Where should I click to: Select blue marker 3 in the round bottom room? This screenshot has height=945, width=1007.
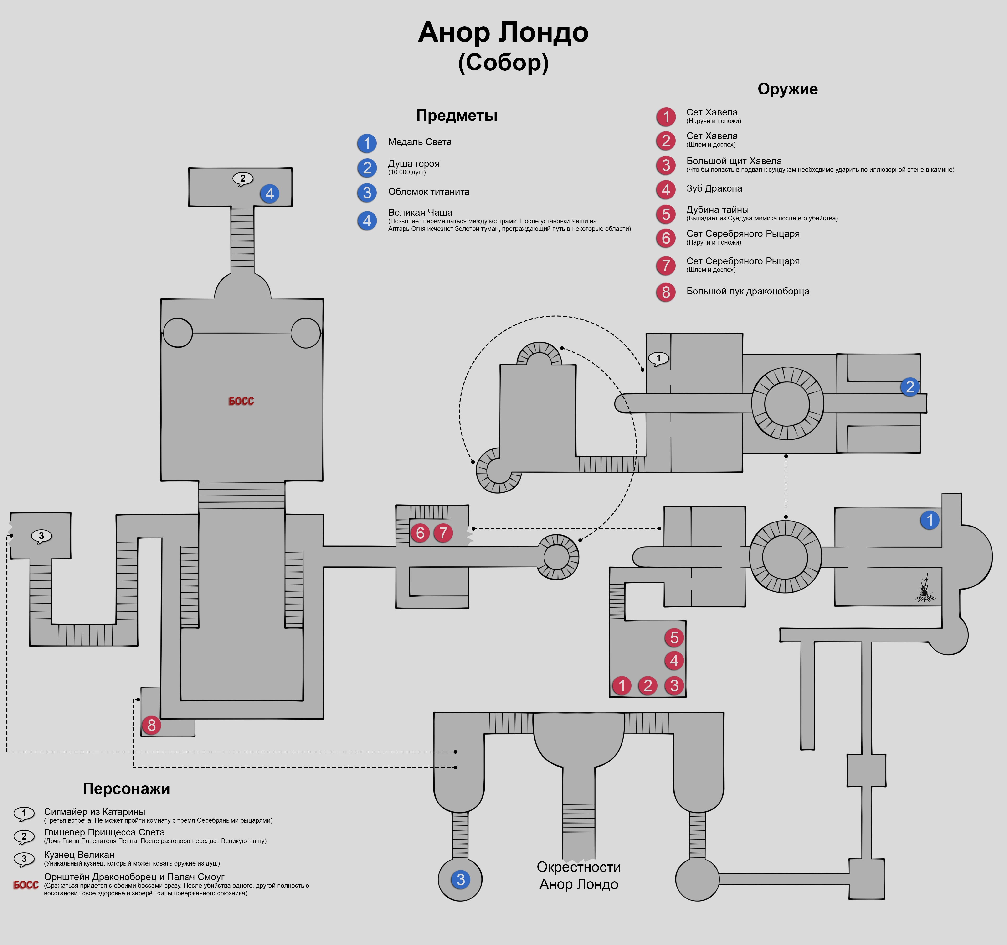460,880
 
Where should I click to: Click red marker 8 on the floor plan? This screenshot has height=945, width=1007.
151,726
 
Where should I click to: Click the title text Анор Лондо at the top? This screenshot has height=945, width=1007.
503,32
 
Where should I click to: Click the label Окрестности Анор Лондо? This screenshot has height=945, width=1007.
578,876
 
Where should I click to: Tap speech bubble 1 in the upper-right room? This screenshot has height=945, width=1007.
658,358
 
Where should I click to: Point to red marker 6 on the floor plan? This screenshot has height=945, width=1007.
420,533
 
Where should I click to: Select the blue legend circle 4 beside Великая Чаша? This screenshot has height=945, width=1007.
367,220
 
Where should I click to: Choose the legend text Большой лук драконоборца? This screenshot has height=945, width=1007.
748,292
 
